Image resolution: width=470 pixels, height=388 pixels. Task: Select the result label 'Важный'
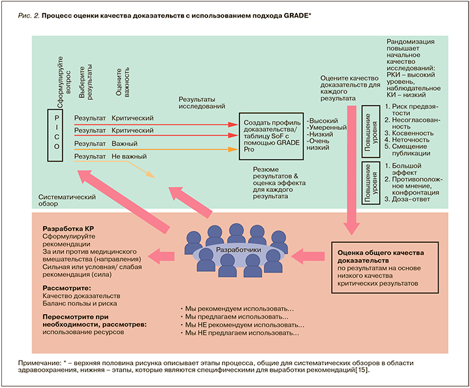pyautogui.click(x=124, y=144)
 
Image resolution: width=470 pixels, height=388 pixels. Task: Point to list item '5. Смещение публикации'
pyautogui.click(x=411, y=150)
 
